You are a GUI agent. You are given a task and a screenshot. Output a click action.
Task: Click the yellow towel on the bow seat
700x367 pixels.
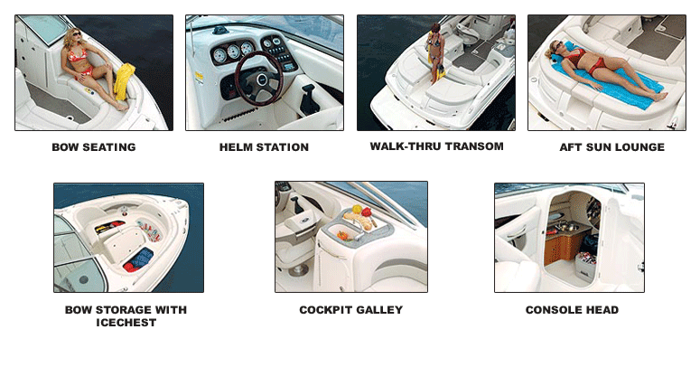click(125, 81)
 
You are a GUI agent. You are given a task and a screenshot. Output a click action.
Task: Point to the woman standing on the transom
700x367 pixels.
click(435, 53)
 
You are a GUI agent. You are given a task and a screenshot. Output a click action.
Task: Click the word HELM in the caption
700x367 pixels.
click(234, 147)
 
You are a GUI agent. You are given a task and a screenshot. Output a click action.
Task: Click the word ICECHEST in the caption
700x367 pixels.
click(126, 323)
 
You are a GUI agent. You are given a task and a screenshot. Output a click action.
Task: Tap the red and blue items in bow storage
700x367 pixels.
click(138, 260)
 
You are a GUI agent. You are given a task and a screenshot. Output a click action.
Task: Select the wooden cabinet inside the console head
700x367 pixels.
click(563, 245)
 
